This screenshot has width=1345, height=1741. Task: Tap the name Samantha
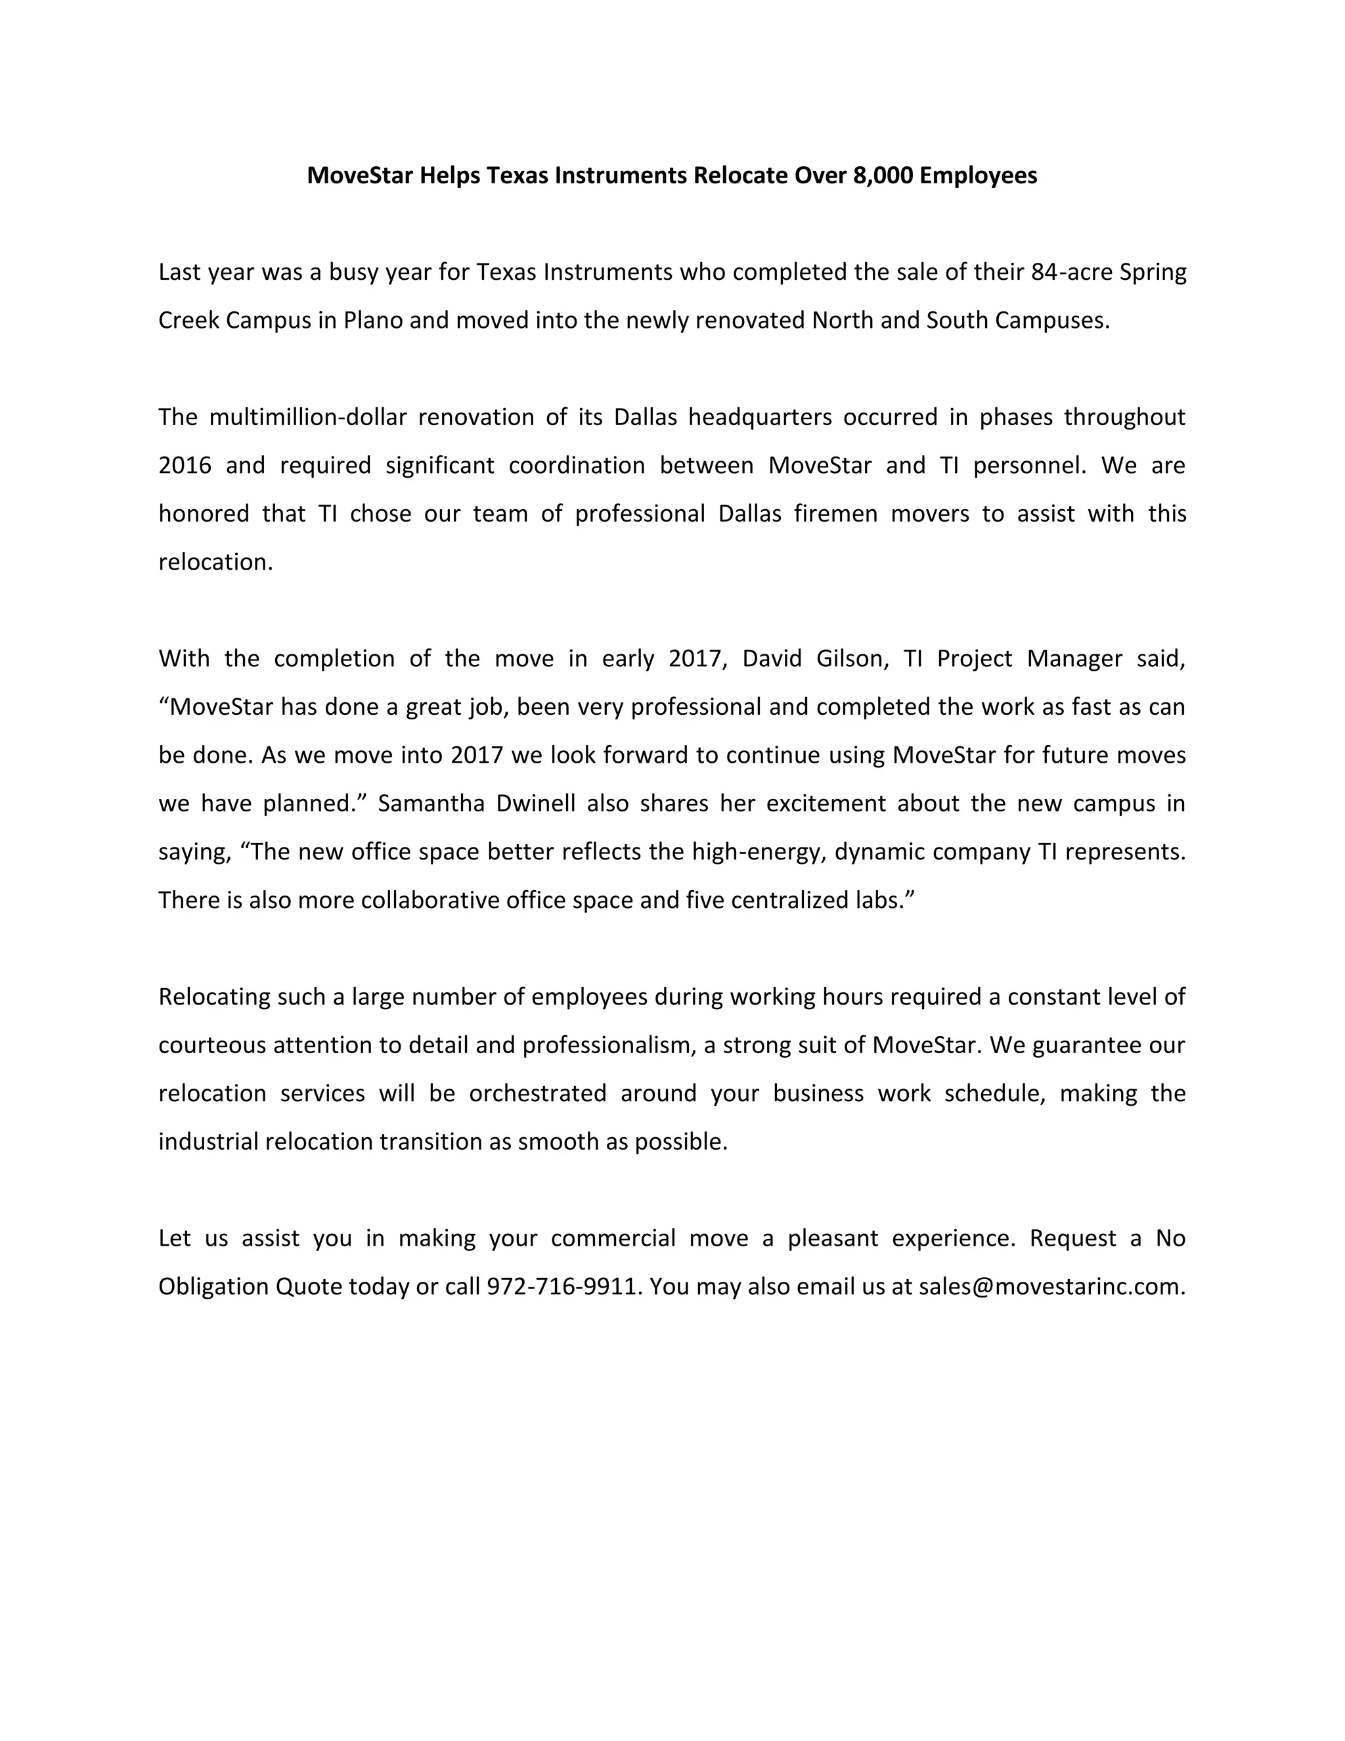click(x=430, y=803)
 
